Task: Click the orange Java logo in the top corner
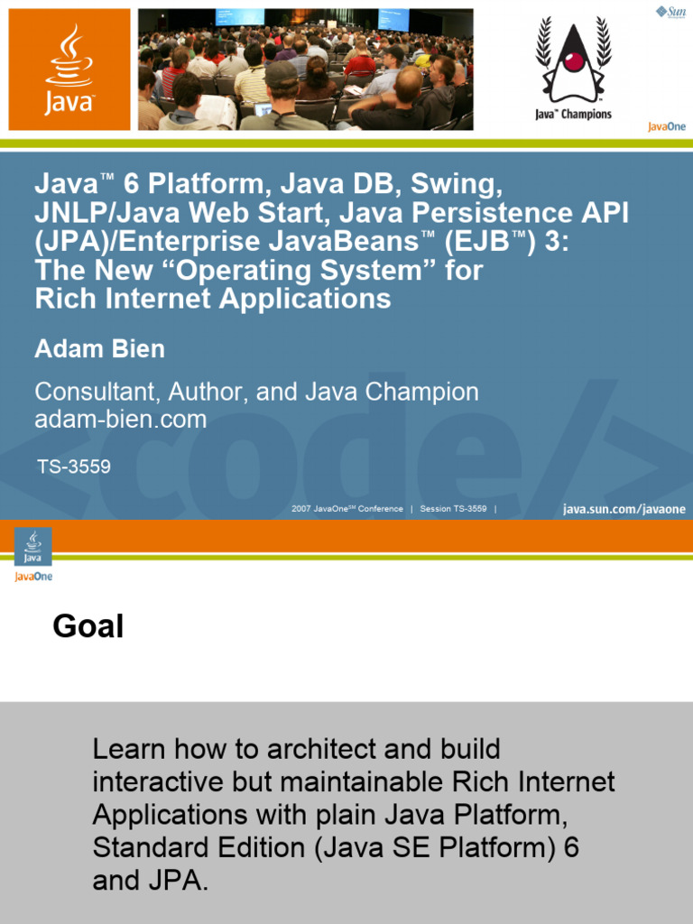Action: [69, 69]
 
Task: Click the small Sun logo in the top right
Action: [670, 11]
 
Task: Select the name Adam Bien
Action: [99, 348]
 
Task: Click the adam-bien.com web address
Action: [120, 419]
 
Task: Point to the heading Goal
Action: [88, 625]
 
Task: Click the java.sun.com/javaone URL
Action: [624, 509]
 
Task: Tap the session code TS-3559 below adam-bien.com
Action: [74, 467]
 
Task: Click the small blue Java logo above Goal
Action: [33, 547]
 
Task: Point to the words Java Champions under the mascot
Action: [573, 115]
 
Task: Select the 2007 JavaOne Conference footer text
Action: [347, 509]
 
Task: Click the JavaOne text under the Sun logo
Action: [666, 126]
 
